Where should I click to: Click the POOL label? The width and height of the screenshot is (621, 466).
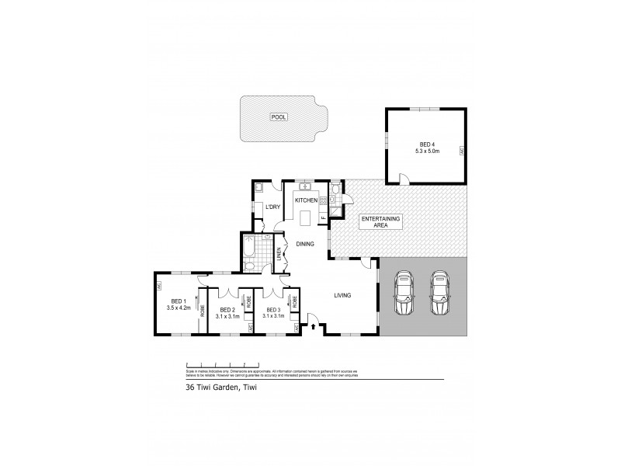(x=277, y=116)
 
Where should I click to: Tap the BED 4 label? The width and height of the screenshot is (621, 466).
(x=426, y=144)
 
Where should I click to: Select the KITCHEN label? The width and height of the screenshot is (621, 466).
(x=307, y=200)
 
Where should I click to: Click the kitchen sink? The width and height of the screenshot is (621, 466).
(x=305, y=186)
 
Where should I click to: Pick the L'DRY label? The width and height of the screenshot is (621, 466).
(x=272, y=207)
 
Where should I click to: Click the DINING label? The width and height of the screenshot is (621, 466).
(x=304, y=244)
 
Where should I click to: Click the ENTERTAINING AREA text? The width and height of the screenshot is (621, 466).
(x=380, y=224)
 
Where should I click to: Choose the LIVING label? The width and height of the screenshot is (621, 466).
(x=344, y=295)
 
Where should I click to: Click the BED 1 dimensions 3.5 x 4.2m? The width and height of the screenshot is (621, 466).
(x=177, y=308)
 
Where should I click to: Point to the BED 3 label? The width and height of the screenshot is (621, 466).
(x=273, y=310)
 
